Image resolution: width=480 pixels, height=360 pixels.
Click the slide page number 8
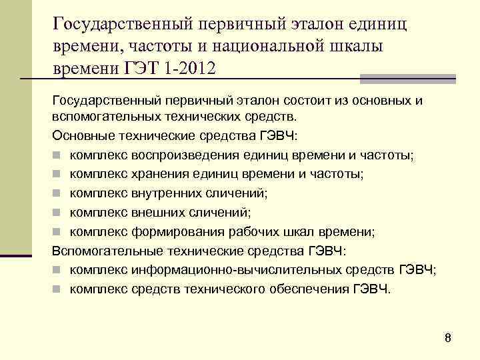point(448,338)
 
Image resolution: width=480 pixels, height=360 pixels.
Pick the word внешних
point(159,213)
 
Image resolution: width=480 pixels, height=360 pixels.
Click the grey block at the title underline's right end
point(407,79)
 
